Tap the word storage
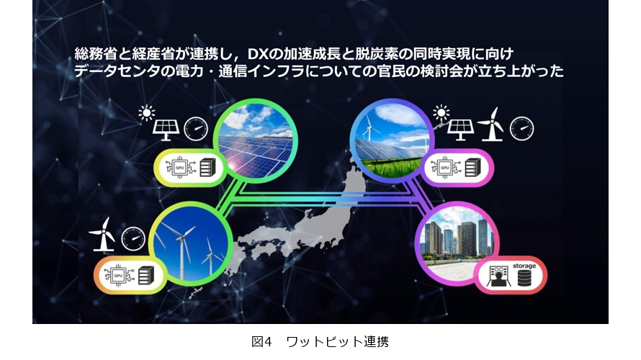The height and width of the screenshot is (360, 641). point(524,266)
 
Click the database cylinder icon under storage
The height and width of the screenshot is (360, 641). point(524,278)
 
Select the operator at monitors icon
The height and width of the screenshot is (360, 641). point(498,276)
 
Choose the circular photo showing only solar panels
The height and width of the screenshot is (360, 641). point(256,140)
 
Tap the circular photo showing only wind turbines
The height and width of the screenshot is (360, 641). point(191,243)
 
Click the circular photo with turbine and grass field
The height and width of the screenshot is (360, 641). point(392,140)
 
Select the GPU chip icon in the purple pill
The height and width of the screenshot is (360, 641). point(444,168)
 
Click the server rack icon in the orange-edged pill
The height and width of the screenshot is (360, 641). point(146,275)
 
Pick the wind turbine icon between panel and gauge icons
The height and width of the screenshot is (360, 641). point(490,125)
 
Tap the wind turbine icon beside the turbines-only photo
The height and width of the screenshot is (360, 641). point(102,234)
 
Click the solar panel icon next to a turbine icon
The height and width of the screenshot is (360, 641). point(460,130)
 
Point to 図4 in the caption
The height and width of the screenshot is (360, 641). point(261,341)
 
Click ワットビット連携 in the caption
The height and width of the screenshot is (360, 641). point(337,341)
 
